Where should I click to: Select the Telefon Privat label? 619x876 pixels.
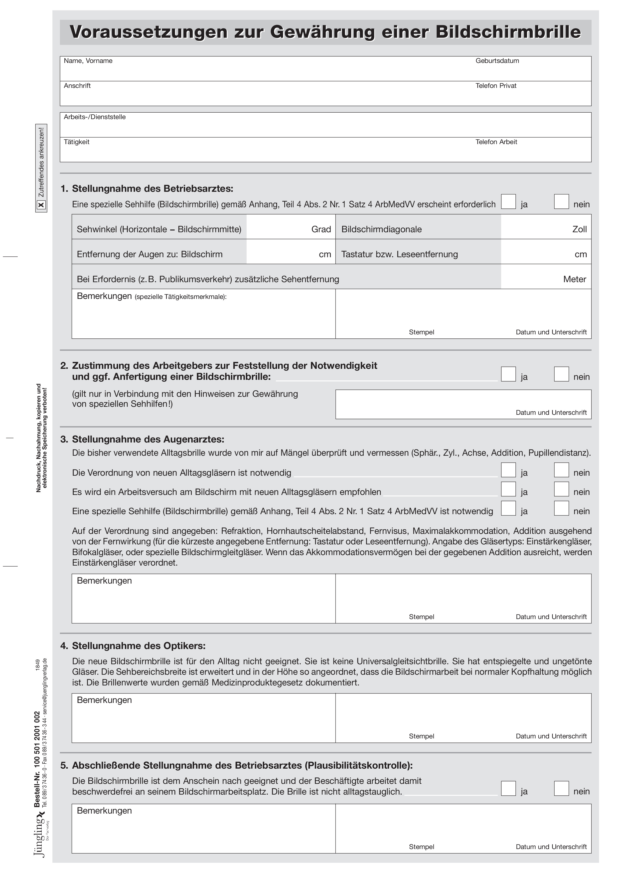coord(495,86)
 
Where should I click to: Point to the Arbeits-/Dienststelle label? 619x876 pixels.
coord(95,117)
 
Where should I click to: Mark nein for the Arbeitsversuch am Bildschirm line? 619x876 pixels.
coord(561,489)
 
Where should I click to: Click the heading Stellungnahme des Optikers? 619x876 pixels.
coord(139,646)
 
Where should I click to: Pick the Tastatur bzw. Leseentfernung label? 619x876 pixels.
coord(399,254)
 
